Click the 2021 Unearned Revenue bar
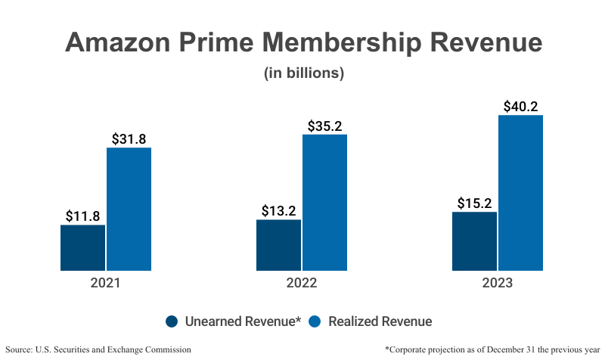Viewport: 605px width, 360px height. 82,248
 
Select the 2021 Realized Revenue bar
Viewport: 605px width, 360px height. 129,209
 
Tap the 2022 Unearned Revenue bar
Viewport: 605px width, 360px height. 278,245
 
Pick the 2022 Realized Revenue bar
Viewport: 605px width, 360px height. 324,203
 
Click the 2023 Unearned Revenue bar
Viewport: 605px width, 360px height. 474,241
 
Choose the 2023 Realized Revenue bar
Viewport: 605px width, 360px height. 520,193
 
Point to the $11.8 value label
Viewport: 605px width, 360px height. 83,216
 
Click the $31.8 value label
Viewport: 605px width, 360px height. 129,138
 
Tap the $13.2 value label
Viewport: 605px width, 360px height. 279,210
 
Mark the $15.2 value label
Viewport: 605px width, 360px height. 475,203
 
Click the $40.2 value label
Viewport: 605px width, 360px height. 520,106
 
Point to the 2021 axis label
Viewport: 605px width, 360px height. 105,284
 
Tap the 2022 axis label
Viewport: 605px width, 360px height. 302,284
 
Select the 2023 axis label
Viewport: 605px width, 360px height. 498,284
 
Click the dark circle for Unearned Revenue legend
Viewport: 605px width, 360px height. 172,321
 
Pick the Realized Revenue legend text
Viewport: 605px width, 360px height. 381,321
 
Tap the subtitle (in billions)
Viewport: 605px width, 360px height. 303,73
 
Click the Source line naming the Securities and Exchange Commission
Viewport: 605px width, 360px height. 98,349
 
